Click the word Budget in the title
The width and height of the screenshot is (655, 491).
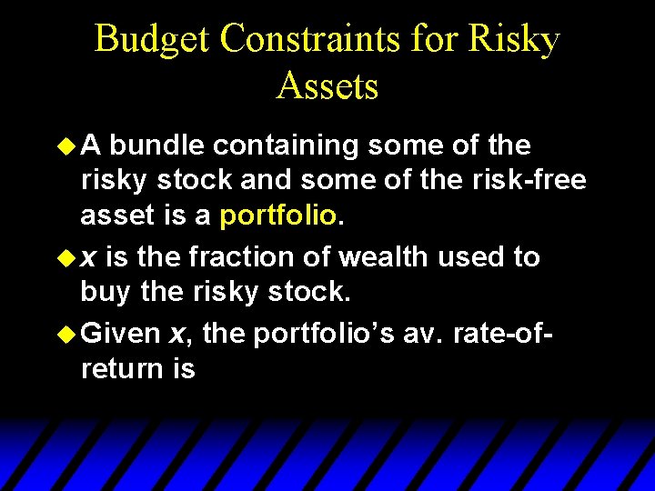[x=153, y=39]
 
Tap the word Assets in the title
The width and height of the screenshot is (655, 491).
[x=327, y=86]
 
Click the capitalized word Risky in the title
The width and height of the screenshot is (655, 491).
[x=514, y=39]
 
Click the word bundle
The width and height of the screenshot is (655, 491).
[x=160, y=145]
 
